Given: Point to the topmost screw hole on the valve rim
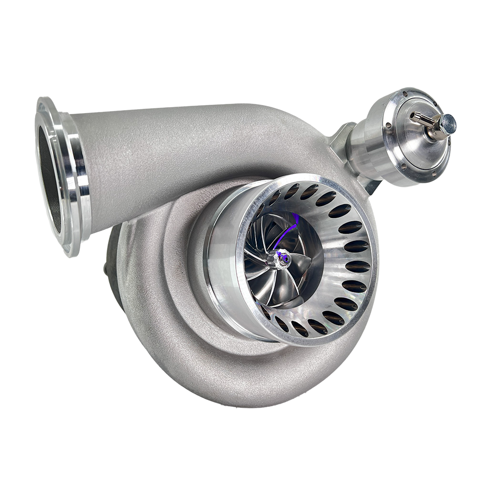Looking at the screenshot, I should [x=404, y=93].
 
